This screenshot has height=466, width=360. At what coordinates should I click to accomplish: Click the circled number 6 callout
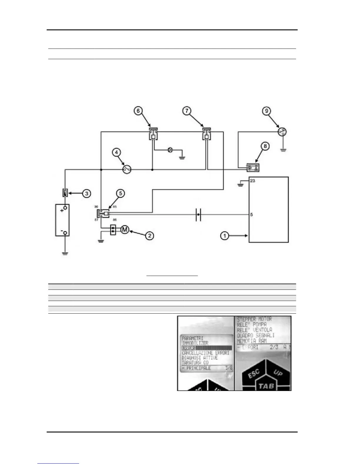pyautogui.click(x=138, y=111)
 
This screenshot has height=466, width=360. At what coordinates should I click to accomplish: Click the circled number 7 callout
pyautogui.click(x=187, y=111)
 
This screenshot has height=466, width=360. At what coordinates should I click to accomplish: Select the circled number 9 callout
pyautogui.click(x=266, y=111)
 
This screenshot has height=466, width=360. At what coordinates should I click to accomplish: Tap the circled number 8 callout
pyautogui.click(x=265, y=146)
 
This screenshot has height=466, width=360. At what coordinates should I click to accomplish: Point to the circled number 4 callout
pyautogui.click(x=117, y=152)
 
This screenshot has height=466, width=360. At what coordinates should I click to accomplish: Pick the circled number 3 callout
pyautogui.click(x=86, y=193)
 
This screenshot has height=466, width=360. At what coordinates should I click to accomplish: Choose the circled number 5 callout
pyautogui.click(x=120, y=193)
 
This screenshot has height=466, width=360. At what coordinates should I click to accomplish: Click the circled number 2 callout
pyautogui.click(x=150, y=235)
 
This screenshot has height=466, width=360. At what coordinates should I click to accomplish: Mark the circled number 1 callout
pyautogui.click(x=225, y=236)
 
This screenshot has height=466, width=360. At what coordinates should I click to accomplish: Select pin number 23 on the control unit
pyautogui.click(x=253, y=181)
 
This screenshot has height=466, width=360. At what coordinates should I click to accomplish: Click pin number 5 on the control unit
pyautogui.click(x=251, y=215)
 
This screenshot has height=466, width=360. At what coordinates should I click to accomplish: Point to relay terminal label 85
pyautogui.click(x=115, y=207)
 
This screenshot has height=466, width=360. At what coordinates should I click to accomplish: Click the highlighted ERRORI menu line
pyautogui.click(x=206, y=348)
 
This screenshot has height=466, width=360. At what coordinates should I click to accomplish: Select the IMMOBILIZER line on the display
pyautogui.click(x=195, y=343)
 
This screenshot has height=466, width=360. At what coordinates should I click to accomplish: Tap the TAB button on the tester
pyautogui.click(x=266, y=386)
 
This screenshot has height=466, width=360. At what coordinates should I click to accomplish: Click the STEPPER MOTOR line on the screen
pyautogui.click(x=254, y=319)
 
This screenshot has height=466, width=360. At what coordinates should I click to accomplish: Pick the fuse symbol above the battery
pyautogui.click(x=65, y=193)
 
